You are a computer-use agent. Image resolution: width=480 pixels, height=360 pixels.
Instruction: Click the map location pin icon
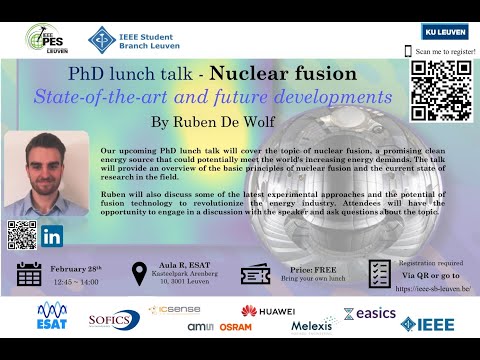click(140, 274)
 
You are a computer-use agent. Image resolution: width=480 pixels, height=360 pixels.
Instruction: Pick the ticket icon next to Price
click(255, 274)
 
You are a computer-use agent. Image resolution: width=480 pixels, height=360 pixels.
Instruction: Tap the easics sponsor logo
click(369, 313)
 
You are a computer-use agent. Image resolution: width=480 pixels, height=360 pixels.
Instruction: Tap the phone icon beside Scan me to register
click(408, 50)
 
